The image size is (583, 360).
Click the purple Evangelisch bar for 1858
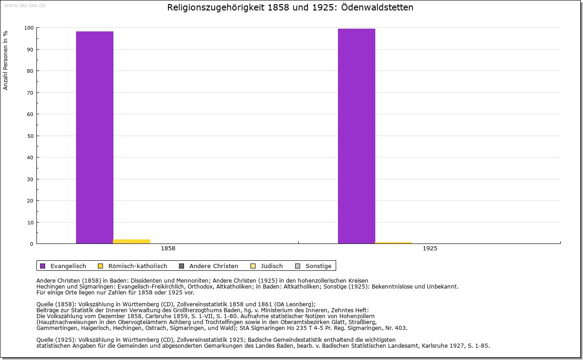click(x=95, y=137)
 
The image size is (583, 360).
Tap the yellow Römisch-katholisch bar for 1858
click(x=132, y=241)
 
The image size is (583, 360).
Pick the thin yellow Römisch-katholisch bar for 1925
click(x=394, y=243)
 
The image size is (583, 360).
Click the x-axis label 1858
click(x=168, y=248)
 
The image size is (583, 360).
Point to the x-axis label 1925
click(x=430, y=248)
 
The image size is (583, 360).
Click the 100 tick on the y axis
click(x=29, y=28)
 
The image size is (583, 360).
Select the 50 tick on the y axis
click(x=30, y=136)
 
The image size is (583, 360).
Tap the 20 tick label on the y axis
click(x=30, y=201)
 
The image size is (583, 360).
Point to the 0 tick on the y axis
click(x=31, y=244)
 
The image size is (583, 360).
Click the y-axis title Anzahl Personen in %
click(x=6, y=60)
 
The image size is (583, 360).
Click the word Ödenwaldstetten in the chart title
click(x=375, y=8)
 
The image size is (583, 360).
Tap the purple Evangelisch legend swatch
click(x=43, y=266)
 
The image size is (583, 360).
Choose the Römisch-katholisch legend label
click(x=138, y=266)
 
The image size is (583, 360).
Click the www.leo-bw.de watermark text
click(x=25, y=5)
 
